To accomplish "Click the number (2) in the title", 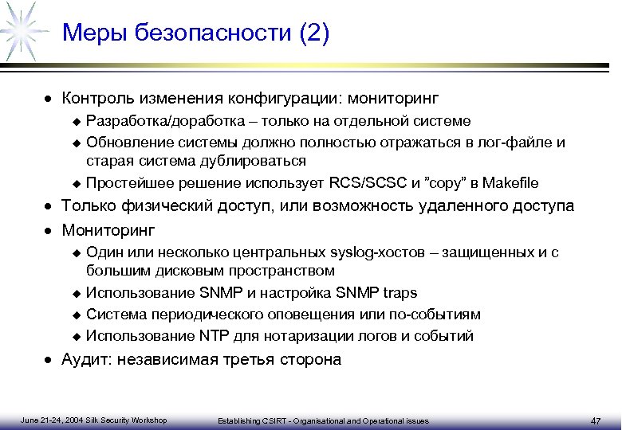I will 312,33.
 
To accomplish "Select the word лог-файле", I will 517,142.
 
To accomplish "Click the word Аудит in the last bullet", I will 84,360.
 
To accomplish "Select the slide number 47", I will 596,420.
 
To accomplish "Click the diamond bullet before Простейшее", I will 77,183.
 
